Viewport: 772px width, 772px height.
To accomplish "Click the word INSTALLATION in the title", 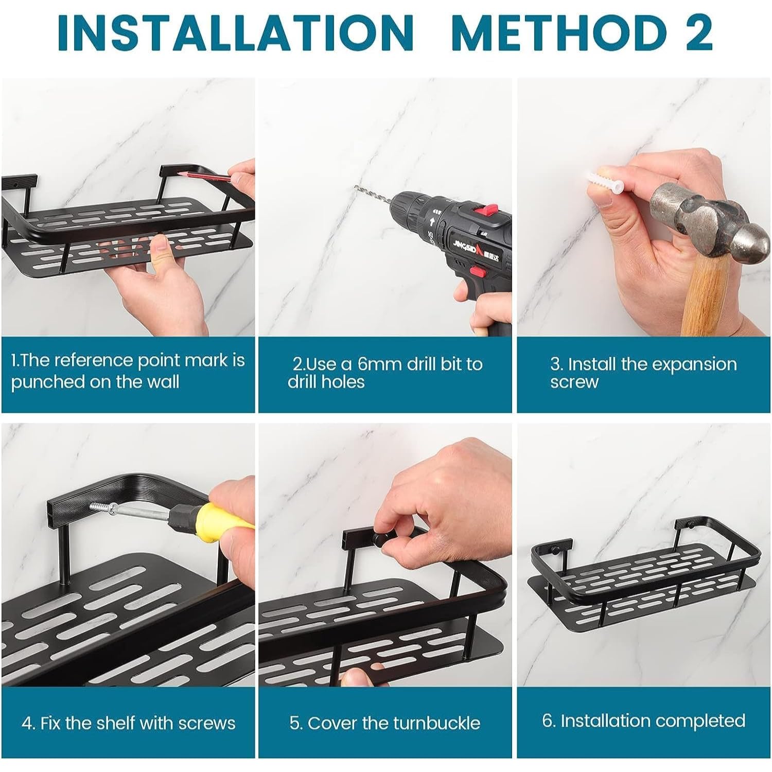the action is pos(236,32).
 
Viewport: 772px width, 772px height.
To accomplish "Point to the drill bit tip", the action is pos(355,188).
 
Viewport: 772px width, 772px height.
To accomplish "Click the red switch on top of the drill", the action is pos(486,210).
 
